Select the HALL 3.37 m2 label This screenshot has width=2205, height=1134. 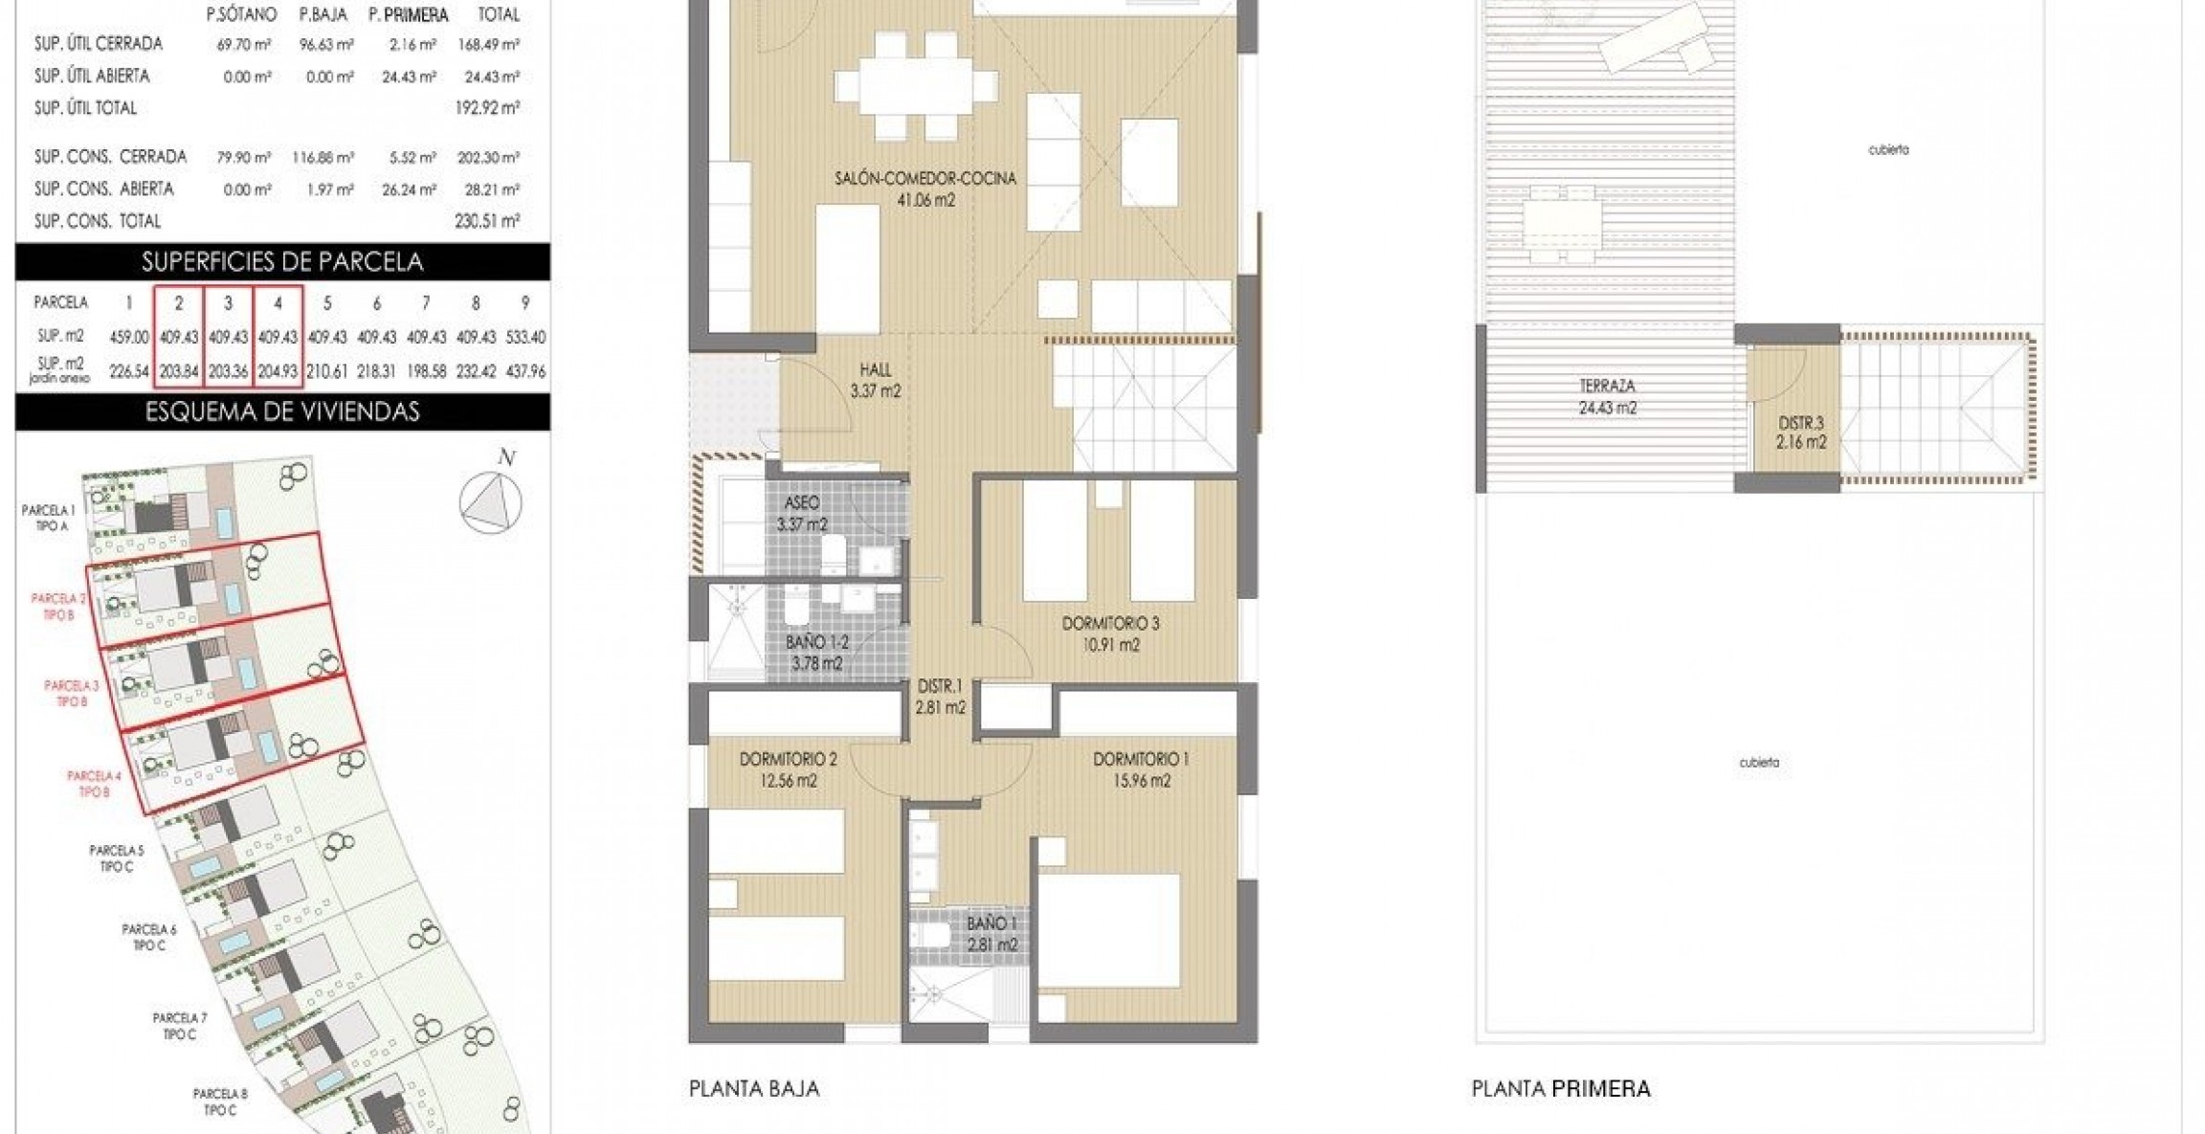click(875, 380)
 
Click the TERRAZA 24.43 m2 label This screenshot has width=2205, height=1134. click(1607, 397)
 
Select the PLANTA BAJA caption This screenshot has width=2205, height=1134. click(754, 1088)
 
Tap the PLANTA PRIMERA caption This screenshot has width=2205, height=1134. click(1561, 1088)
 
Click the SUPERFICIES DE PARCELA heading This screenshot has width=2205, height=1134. click(282, 261)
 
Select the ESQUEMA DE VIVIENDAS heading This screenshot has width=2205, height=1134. click(282, 411)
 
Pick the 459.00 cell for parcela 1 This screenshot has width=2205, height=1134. click(129, 337)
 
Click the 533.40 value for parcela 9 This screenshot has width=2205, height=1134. click(525, 337)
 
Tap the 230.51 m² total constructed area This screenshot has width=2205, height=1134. click(486, 221)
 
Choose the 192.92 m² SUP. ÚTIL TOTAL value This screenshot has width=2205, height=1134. click(486, 108)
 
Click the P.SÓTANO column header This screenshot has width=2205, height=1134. click(241, 14)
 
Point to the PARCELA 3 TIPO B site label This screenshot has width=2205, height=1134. click(72, 693)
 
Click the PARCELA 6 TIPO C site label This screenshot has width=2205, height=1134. click(149, 937)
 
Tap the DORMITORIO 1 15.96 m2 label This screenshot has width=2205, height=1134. click(1141, 769)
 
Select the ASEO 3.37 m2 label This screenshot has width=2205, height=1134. click(802, 513)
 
